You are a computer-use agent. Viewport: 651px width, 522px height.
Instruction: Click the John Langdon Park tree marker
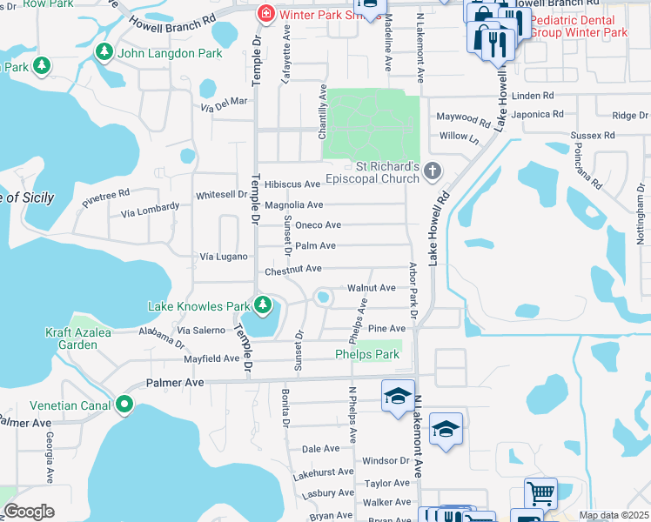(104, 53)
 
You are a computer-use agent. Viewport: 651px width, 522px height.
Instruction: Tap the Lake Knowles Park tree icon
(262, 304)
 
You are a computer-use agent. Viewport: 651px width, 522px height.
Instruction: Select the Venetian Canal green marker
(124, 404)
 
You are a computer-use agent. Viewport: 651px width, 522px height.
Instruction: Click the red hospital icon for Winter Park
(265, 14)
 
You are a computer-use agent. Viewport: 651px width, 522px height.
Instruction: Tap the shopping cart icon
(540, 493)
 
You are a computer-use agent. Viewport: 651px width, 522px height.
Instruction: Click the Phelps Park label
(367, 354)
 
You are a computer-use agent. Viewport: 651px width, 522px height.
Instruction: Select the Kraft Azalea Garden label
(71, 338)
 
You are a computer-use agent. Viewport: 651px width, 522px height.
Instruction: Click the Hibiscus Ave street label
(293, 184)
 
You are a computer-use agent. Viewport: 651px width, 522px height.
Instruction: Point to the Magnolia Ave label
(293, 204)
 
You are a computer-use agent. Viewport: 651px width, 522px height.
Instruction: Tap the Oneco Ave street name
(318, 224)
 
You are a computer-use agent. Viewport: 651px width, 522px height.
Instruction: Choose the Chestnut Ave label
(293, 270)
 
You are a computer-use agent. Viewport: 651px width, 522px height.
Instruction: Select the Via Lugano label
(225, 257)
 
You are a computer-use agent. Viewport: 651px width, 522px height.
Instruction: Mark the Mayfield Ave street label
(211, 358)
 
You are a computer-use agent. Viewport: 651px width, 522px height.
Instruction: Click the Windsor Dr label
(386, 460)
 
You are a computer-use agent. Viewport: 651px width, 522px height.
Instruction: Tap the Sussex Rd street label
(593, 136)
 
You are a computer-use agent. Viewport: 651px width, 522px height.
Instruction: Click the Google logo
(30, 512)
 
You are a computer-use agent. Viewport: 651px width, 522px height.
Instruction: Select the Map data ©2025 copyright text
(613, 515)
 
